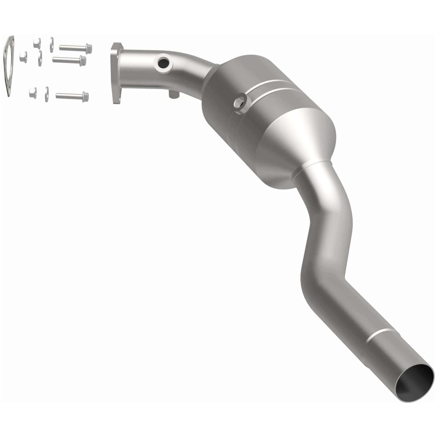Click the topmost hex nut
[x=37, y=43]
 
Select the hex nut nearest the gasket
[x=23, y=57]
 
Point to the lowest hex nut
[x=33, y=93]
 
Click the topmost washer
[x=52, y=44]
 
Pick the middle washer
[x=40, y=58]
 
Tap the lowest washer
[x=47, y=94]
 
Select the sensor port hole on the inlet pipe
[x=163, y=63]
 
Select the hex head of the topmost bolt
[x=88, y=48]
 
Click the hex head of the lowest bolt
[x=85, y=97]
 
